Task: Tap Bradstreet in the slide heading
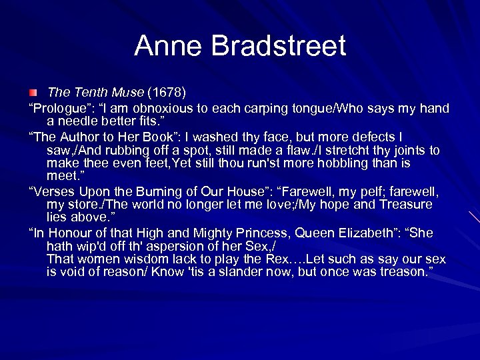coord(279,47)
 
